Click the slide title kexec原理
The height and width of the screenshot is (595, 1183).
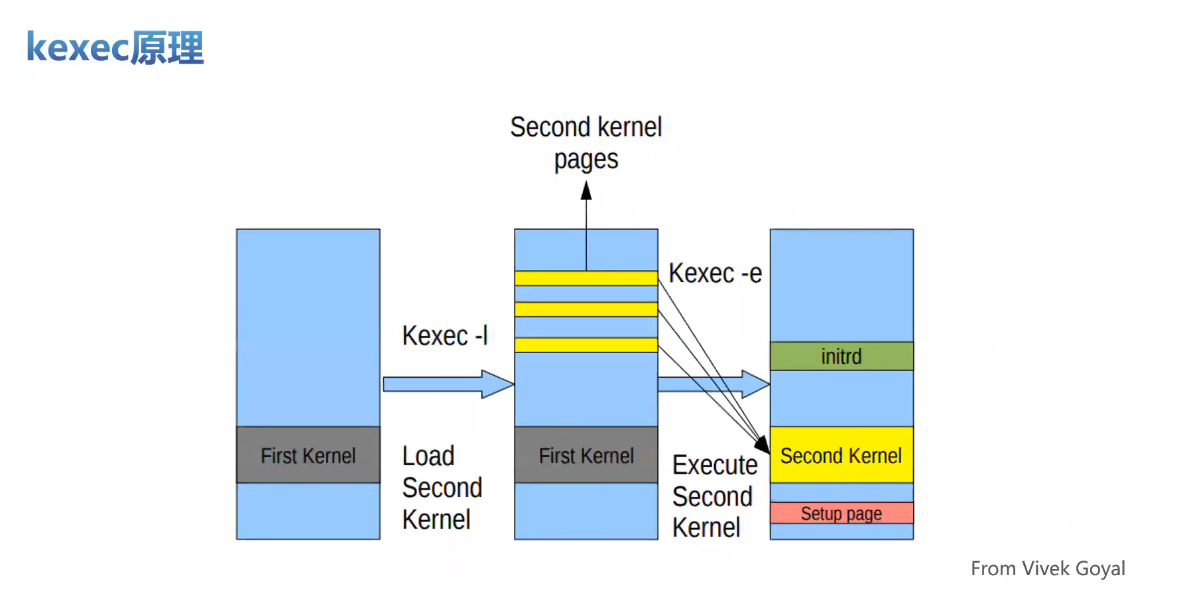[115, 48]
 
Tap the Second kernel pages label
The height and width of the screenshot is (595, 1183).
[586, 142]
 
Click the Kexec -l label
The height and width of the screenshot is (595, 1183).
[444, 335]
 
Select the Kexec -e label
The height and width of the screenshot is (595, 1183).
[715, 273]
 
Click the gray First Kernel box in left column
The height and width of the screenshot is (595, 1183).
[308, 455]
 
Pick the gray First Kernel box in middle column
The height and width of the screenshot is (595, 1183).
[586, 455]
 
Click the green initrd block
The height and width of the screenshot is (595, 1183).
[841, 356]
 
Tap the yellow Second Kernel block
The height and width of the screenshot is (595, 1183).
[841, 455]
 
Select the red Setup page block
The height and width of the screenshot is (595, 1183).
[841, 514]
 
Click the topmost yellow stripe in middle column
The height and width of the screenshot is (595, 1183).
[586, 278]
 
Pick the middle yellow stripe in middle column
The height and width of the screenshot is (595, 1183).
[586, 309]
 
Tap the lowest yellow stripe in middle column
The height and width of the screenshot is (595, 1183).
[586, 345]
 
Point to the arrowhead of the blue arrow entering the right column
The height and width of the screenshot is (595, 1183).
[756, 384]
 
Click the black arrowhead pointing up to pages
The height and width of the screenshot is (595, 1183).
[586, 191]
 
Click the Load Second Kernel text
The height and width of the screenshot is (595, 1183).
[441, 488]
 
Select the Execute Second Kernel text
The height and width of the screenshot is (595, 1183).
[714, 496]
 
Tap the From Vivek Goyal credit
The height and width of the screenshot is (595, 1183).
[1048, 568]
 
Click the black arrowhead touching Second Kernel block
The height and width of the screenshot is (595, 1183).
[763, 445]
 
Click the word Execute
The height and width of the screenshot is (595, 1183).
[714, 465]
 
